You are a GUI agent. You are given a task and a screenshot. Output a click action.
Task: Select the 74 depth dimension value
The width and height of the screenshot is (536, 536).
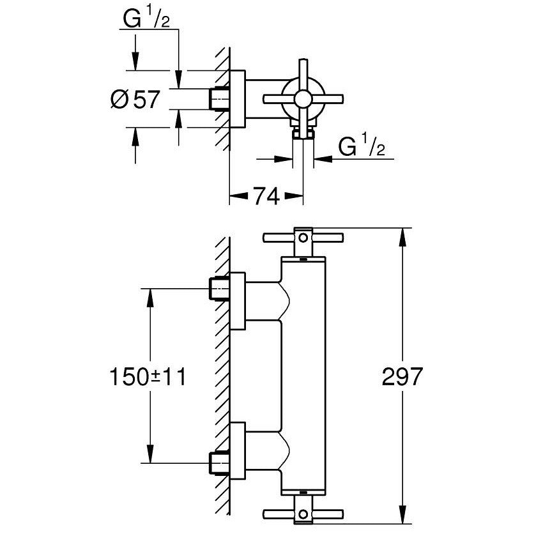click(265, 197)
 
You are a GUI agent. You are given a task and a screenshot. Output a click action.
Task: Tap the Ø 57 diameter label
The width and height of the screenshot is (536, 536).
click(135, 100)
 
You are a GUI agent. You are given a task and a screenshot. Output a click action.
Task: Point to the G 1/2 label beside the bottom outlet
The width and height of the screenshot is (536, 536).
click(361, 148)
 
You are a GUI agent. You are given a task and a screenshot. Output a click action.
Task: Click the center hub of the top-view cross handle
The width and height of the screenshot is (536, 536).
click(302, 98)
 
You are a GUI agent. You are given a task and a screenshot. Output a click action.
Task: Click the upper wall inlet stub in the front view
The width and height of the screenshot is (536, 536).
click(220, 289)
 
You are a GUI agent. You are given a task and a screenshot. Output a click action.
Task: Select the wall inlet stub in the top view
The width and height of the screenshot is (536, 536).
click(220, 98)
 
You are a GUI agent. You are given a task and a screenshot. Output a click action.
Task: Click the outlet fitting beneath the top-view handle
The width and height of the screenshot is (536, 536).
click(302, 133)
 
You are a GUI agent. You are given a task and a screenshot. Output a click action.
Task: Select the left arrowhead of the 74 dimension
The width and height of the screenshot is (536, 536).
click(234, 197)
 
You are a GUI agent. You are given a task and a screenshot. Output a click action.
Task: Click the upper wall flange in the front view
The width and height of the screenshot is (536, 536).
click(237, 301)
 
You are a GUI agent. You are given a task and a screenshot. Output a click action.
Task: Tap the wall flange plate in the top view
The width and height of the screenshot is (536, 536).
click(237, 98)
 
